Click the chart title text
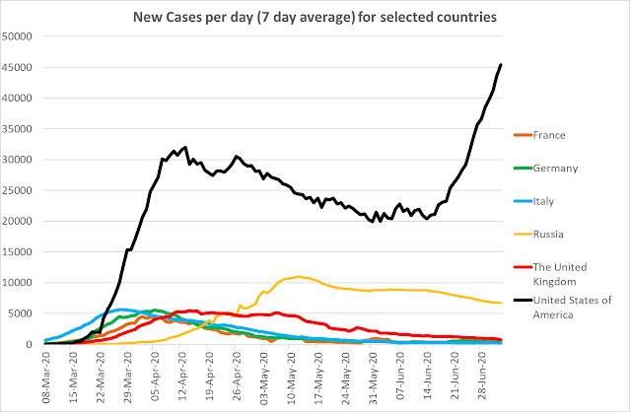[x=315, y=18]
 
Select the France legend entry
[x=539, y=135]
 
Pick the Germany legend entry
[x=545, y=169]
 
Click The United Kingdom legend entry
[x=550, y=274]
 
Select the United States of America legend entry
[x=563, y=308]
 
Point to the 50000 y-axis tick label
[x=17, y=36]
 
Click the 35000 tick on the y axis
[x=17, y=129]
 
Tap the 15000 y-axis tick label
[x=17, y=252]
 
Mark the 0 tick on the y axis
[x=29, y=345]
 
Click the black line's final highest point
[x=501, y=64]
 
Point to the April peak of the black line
[x=185, y=147]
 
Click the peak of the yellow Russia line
[x=299, y=276]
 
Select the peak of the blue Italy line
[x=120, y=309]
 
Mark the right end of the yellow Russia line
[x=501, y=303]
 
